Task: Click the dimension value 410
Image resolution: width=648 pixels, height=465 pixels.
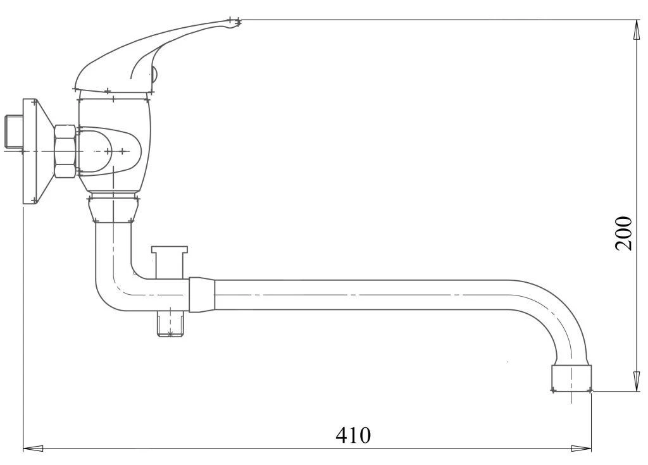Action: tap(353, 435)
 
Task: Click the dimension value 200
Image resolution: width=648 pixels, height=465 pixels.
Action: tap(623, 233)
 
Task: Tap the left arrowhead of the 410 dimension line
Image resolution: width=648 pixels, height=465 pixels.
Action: tap(33, 448)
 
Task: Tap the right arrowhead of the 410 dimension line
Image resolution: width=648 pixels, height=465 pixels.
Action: tap(581, 448)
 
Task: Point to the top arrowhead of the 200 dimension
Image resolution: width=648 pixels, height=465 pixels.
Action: tap(635, 30)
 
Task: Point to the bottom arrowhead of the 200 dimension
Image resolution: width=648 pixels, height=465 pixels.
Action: tap(635, 381)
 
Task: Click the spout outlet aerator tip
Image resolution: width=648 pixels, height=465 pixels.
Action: tap(571, 378)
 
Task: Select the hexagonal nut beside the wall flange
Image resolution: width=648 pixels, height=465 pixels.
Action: tap(65, 151)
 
